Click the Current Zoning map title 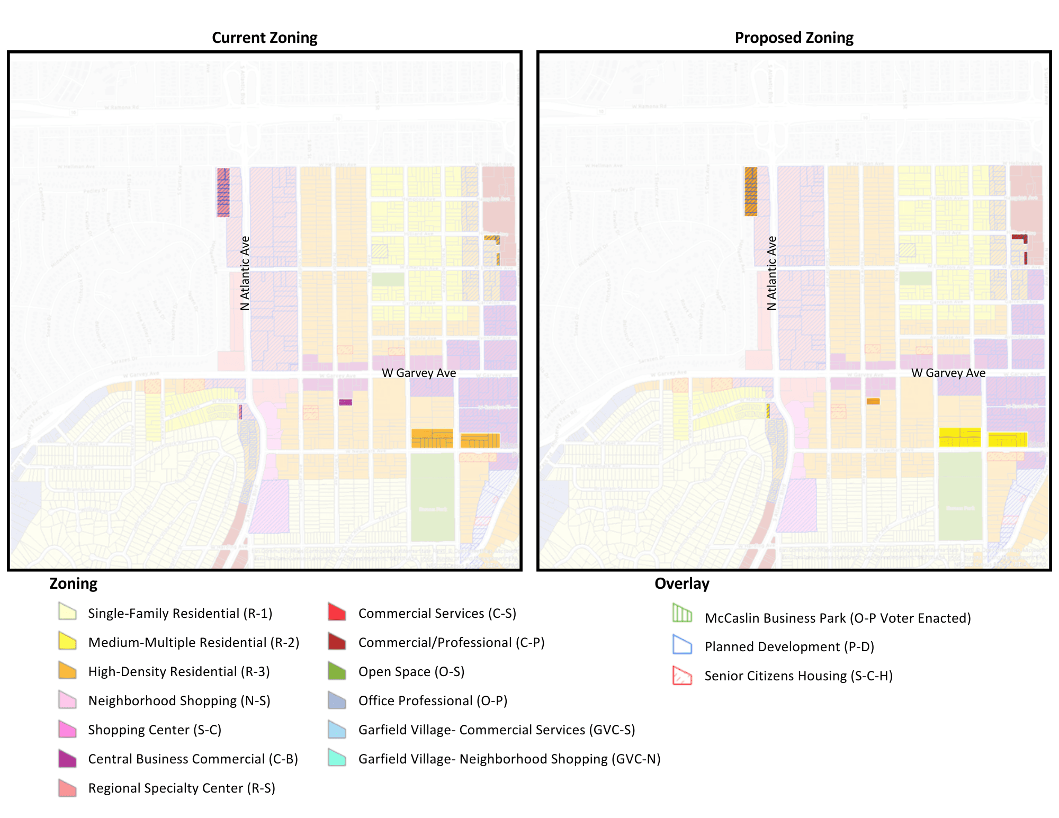click(x=264, y=38)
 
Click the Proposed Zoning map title click(x=794, y=38)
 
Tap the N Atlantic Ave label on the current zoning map click(x=245, y=273)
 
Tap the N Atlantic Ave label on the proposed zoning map click(x=772, y=273)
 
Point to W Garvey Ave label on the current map click(x=419, y=373)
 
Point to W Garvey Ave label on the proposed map click(x=948, y=373)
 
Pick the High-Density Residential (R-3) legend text click(x=179, y=671)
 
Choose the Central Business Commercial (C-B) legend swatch click(x=68, y=758)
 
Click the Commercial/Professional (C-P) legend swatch click(x=337, y=641)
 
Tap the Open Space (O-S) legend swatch click(x=337, y=670)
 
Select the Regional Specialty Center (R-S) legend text click(x=182, y=788)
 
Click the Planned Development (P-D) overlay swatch click(x=682, y=644)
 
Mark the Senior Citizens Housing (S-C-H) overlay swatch click(x=682, y=676)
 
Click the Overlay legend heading click(x=681, y=583)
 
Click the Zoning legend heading click(x=73, y=583)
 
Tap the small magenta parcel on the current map click(x=345, y=402)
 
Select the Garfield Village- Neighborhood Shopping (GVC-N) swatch click(x=337, y=758)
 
